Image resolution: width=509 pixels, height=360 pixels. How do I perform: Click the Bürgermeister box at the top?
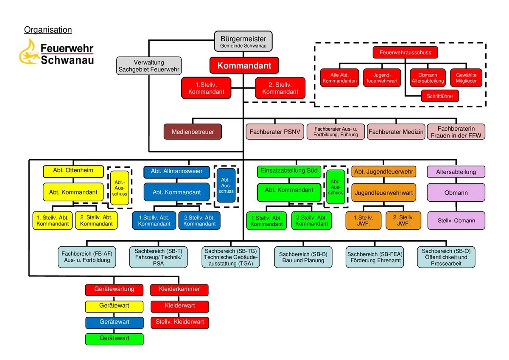pos(243,42)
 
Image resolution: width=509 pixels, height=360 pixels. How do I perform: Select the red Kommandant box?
pos(244,66)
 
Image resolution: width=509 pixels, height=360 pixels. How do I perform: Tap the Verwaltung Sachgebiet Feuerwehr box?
pos(148,66)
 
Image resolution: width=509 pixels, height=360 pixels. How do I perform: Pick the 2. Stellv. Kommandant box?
pos(280,88)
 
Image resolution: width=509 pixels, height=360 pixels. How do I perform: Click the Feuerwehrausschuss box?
pos(405,52)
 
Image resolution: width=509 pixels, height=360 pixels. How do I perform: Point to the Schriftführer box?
pos(440,96)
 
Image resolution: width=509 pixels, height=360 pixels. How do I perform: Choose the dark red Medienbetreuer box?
pos(193,132)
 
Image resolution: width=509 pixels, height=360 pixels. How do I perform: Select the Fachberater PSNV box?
pos(275,132)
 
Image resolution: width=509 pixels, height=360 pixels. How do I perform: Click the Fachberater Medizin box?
pos(396,132)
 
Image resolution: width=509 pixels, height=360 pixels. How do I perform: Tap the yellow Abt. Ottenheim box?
pos(73,171)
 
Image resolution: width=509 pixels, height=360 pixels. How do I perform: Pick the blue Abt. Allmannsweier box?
pos(176,172)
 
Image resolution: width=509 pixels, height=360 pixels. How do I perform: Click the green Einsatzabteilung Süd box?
pos(289,171)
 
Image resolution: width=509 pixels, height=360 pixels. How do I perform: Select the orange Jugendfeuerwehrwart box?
pos(383,192)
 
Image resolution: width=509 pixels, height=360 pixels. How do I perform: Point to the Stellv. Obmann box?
pos(456,220)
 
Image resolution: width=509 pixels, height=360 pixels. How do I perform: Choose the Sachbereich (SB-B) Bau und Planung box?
pos(303,257)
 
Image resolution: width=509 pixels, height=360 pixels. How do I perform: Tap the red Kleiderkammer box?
pos(180,290)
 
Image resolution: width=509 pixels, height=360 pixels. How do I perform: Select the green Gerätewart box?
pos(114,338)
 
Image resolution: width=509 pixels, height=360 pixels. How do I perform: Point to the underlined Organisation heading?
pos(48,30)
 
